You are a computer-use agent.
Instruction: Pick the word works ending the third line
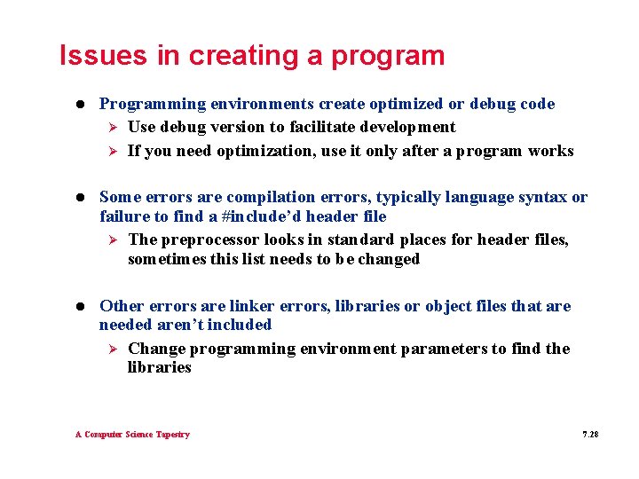click(550, 151)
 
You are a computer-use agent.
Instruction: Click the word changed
click(389, 259)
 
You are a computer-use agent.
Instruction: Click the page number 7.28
click(590, 435)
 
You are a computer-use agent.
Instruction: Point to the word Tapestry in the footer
click(172, 435)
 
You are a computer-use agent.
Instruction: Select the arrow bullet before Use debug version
click(112, 127)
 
